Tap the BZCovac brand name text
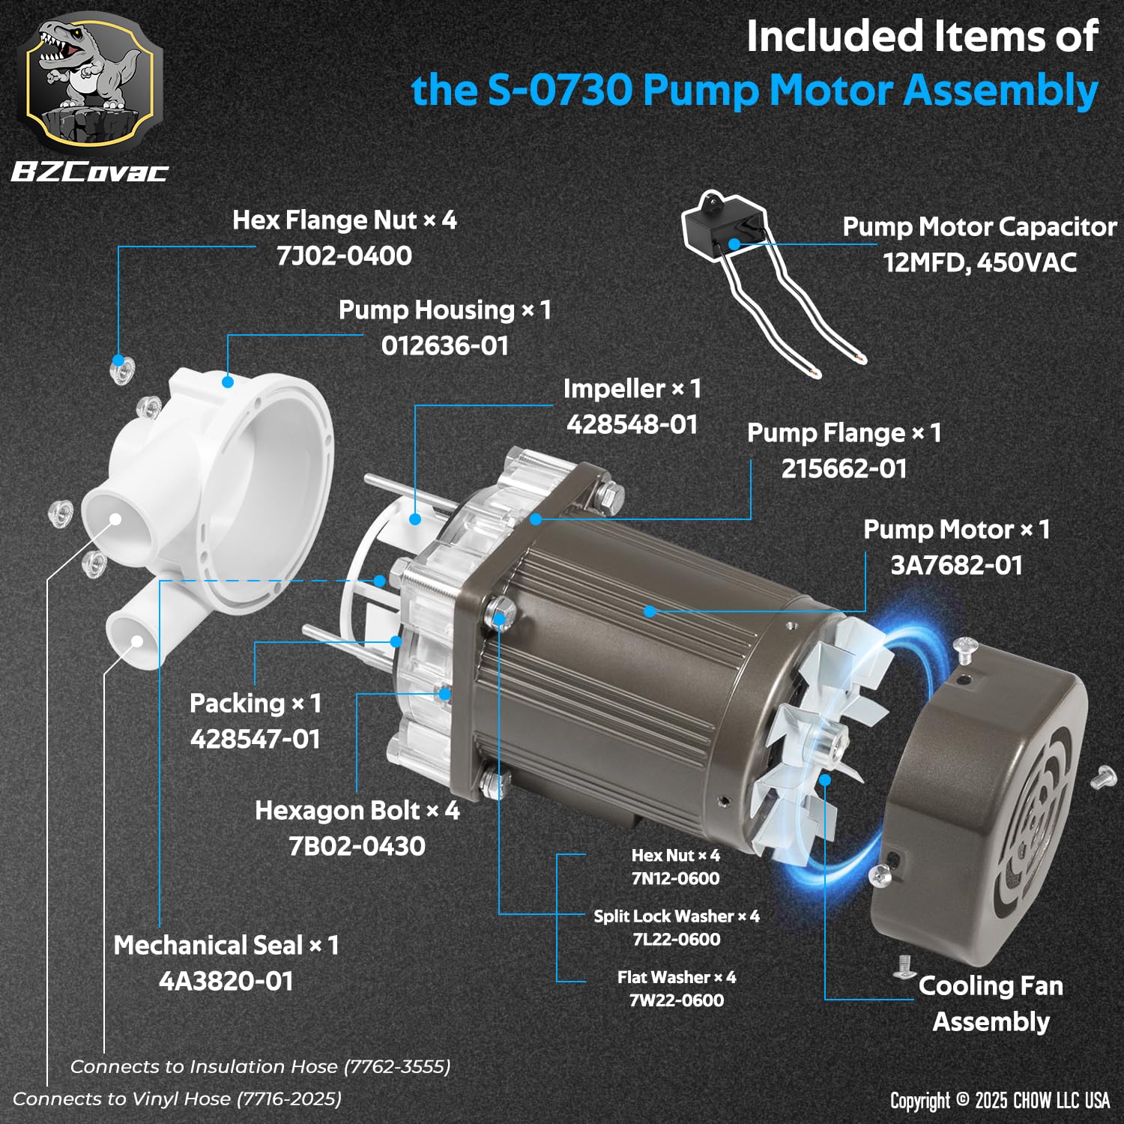[90, 172]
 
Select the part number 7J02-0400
[344, 256]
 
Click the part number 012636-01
[445, 345]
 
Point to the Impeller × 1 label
[632, 388]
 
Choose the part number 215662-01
[844, 468]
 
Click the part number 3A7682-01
[957, 565]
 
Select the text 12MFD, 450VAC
[980, 262]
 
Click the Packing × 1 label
[256, 703]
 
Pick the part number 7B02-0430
[357, 846]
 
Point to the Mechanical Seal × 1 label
[226, 945]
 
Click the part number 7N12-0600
[676, 878]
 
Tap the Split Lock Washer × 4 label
[677, 916]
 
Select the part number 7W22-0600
[677, 1000]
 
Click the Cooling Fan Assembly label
[991, 1003]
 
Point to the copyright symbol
[962, 1100]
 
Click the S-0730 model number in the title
[561, 91]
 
